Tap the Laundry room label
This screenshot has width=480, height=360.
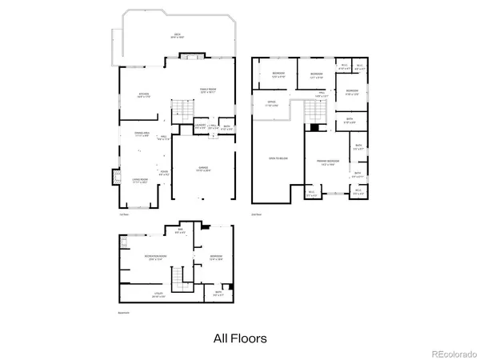(200, 126)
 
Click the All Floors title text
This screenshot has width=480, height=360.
(240, 338)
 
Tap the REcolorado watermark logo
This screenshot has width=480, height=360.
(452, 353)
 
